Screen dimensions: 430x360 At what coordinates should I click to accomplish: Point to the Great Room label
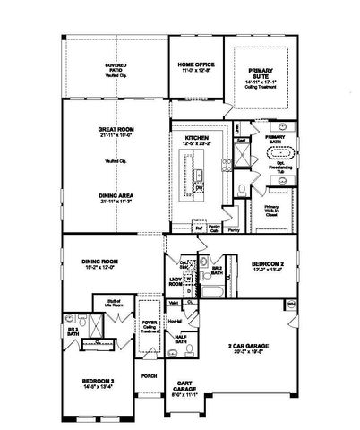115,132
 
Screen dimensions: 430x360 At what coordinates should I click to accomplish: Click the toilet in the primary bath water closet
244,189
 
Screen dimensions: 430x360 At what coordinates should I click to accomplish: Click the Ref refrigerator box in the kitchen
199,228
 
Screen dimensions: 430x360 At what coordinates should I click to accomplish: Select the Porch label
149,375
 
